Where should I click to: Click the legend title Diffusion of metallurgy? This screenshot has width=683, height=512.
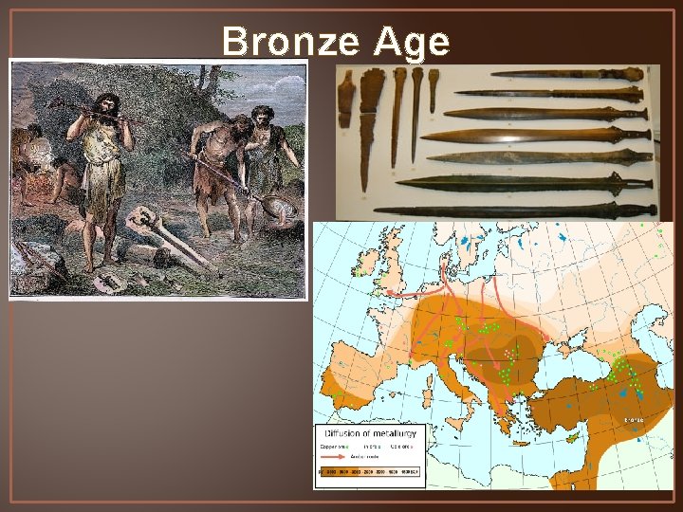(x=372, y=433)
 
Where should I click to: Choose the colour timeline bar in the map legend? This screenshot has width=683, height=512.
(x=371, y=471)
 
